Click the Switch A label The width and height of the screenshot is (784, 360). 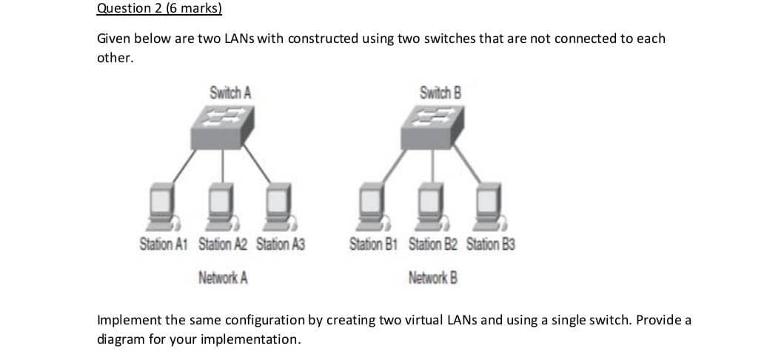230,93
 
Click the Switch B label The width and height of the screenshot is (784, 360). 440,93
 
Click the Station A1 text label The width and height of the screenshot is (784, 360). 165,244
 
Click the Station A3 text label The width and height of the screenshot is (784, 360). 281,244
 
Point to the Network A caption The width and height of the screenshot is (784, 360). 223,278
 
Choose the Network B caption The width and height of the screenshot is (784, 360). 433,278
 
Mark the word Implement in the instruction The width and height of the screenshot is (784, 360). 129,320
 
